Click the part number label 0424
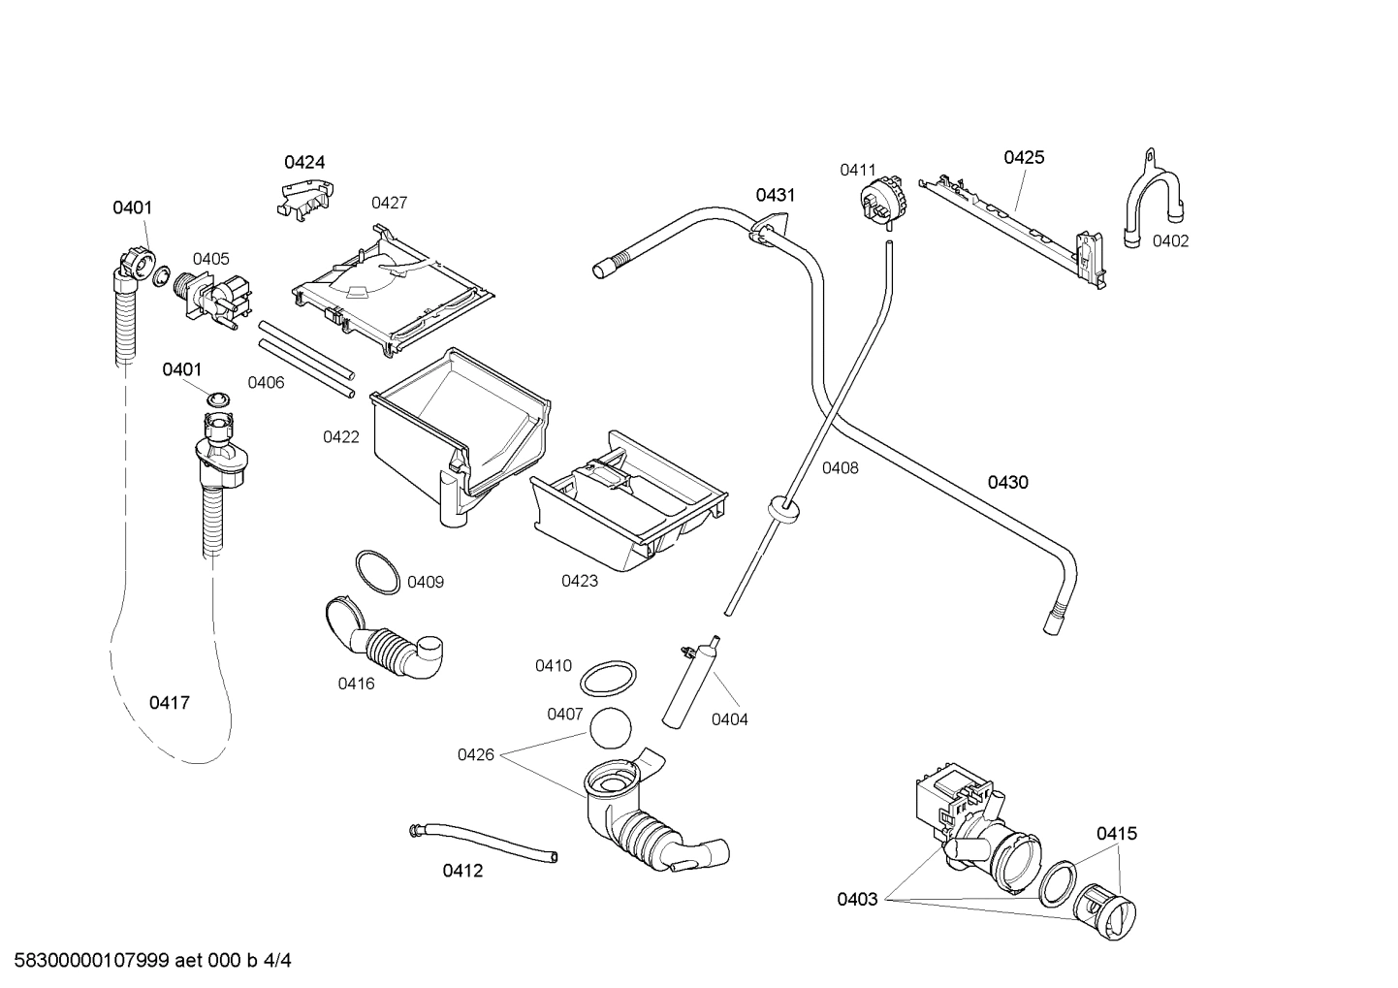tap(304, 162)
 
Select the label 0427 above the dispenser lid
tap(389, 203)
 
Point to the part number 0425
tap(1024, 157)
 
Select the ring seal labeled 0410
tap(609, 679)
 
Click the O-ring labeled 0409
tap(376, 572)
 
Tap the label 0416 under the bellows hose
tap(356, 684)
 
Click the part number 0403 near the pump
tap(857, 899)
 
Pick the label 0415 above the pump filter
tap(1117, 833)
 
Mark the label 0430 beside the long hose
tap(1007, 482)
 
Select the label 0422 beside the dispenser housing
tap(341, 437)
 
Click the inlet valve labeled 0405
tap(213, 296)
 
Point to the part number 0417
tap(170, 702)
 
